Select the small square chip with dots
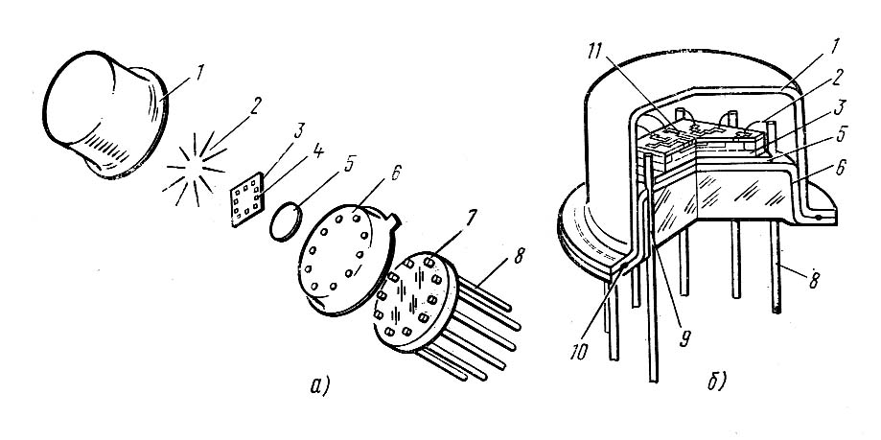coord(249,204)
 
